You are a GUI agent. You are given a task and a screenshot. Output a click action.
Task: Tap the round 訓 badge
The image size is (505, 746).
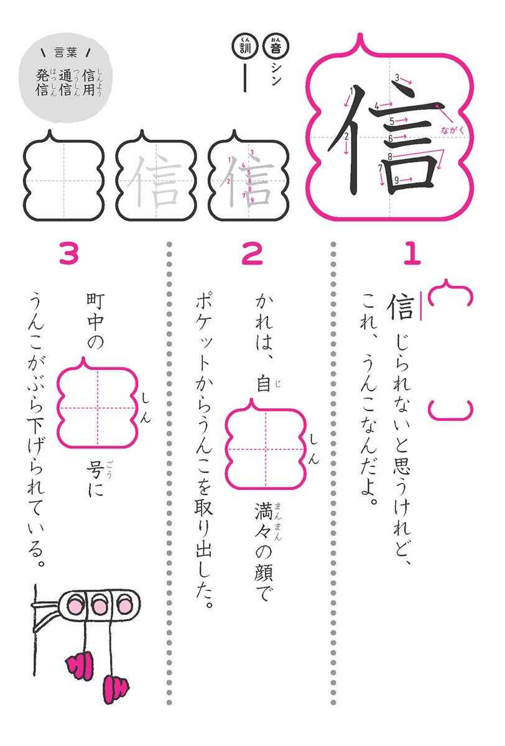click(x=241, y=45)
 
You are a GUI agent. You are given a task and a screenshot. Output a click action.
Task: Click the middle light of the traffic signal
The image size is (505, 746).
click(x=98, y=605)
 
